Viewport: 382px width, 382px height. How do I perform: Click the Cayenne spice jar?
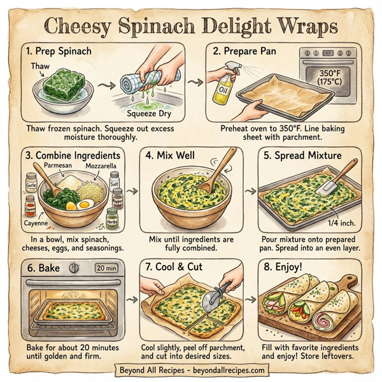pos(30,205)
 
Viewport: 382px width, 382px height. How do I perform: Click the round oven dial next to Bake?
pos(73,268)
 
